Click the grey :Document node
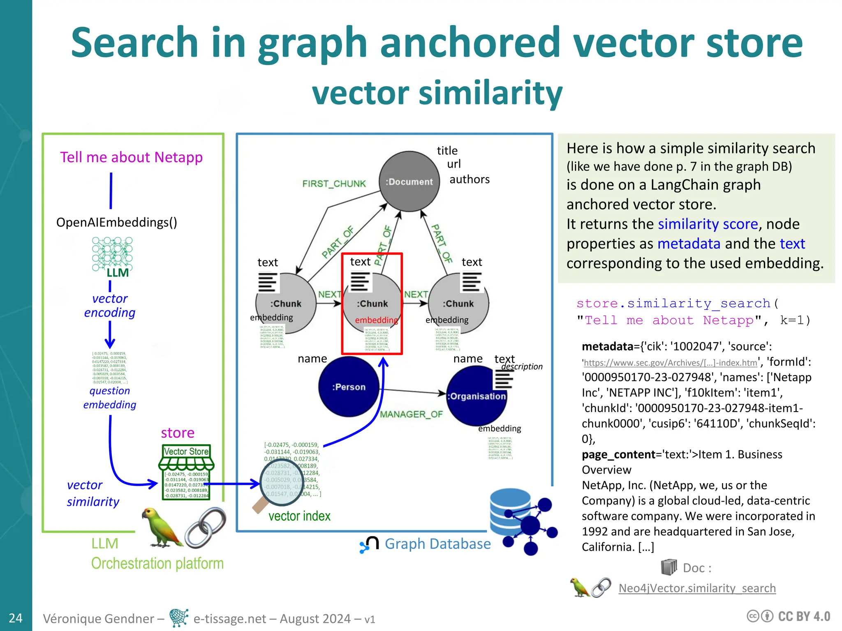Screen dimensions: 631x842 (x=409, y=182)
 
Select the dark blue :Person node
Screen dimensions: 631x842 (x=349, y=387)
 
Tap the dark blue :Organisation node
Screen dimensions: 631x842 (x=477, y=396)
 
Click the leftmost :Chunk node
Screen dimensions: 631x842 (x=286, y=304)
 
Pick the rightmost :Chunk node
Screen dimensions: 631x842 (x=458, y=304)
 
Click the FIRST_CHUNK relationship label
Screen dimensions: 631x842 (x=334, y=184)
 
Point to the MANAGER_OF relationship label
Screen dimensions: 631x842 (x=411, y=414)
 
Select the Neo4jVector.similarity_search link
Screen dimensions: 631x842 (x=697, y=588)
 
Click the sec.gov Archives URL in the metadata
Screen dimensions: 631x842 (x=670, y=363)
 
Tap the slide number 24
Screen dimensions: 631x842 (x=16, y=618)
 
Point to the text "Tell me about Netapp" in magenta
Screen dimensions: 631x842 (x=131, y=157)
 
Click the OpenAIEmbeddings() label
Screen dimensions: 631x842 (x=117, y=222)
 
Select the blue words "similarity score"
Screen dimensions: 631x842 (x=708, y=224)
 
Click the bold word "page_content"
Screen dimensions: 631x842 (x=618, y=454)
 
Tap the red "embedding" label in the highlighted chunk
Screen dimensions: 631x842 (x=376, y=320)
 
